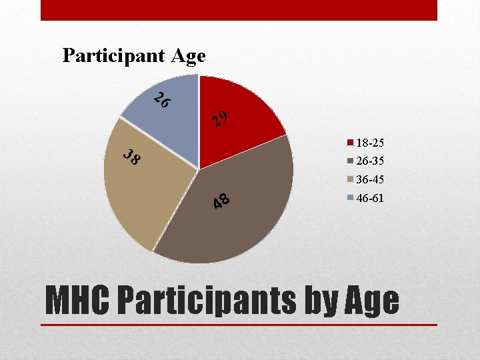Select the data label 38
point(133,158)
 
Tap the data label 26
point(162,101)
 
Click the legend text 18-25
point(370,143)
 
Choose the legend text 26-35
point(370,161)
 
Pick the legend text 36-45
point(370,180)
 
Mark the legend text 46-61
point(370,198)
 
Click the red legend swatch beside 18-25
point(349,143)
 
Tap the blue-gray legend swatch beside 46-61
point(349,198)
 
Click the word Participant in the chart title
point(113,56)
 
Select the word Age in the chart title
point(188,56)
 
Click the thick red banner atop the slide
point(239,10)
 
